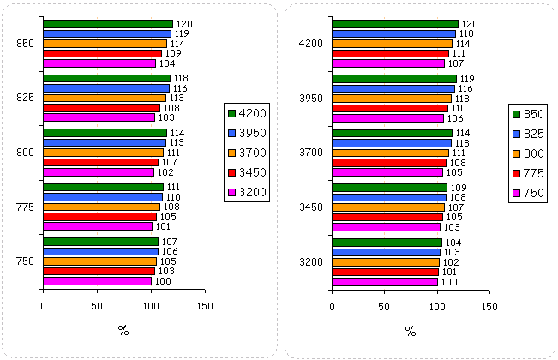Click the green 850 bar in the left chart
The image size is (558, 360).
pos(107,24)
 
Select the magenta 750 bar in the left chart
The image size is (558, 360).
pos(97,280)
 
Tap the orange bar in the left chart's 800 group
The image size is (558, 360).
pos(103,152)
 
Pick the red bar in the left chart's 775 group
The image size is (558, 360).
pos(99,217)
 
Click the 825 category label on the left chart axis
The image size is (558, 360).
pos(24,98)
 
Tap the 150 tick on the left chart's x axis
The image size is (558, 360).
pos(205,304)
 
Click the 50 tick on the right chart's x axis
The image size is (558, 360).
pos(385,304)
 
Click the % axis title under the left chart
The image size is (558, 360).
pos(123,332)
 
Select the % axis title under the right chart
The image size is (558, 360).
pos(411,332)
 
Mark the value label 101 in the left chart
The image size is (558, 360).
pos(163,227)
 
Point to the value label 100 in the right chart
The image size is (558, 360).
pos(448,281)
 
